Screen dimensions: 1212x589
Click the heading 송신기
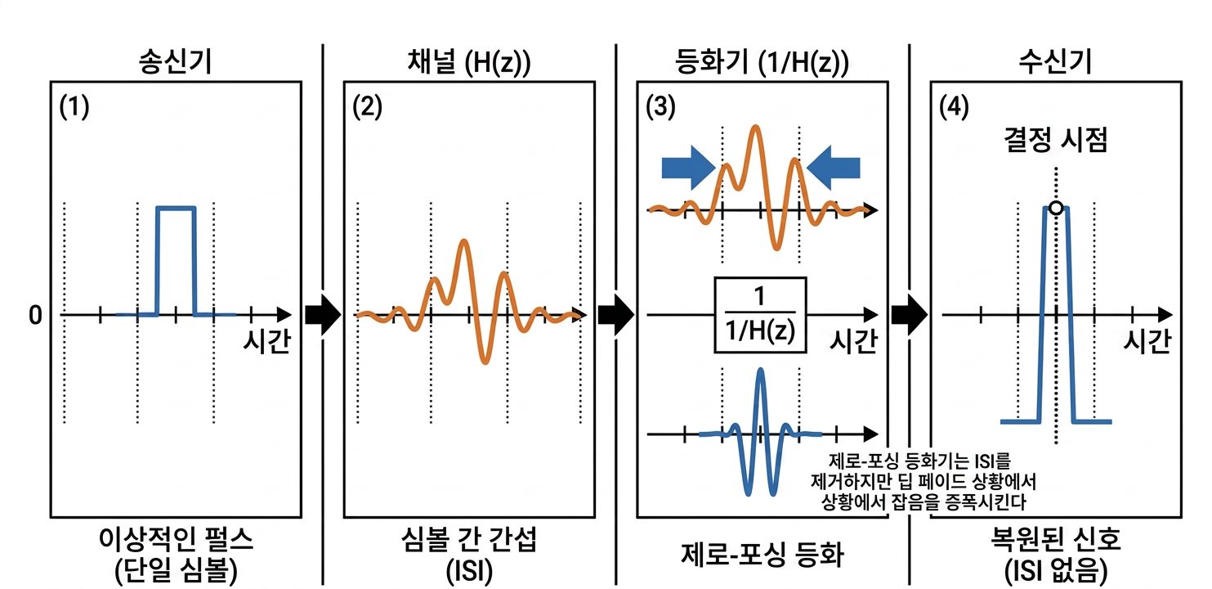click(x=175, y=61)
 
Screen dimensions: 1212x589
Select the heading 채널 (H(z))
click(x=468, y=62)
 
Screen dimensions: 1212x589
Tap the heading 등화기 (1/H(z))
click(x=762, y=62)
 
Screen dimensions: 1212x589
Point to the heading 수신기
click(x=1056, y=61)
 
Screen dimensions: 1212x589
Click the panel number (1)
click(x=74, y=106)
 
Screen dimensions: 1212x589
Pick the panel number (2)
click(x=368, y=106)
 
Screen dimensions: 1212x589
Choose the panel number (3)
click(x=660, y=106)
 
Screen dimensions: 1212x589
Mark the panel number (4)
click(x=954, y=106)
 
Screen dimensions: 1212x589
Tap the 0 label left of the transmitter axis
click(x=35, y=315)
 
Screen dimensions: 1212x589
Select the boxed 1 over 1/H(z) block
click(x=760, y=315)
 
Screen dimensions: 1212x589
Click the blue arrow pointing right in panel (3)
click(x=688, y=167)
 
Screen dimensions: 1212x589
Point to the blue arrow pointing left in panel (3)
click(x=834, y=167)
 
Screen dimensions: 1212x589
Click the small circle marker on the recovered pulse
click(x=1056, y=208)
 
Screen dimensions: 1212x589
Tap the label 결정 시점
click(x=1056, y=140)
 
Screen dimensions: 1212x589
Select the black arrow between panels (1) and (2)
click(x=323, y=314)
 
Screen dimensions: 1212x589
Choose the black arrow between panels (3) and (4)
click(x=910, y=314)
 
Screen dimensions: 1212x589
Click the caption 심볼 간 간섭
click(x=468, y=540)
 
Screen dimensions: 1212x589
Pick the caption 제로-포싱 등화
click(x=763, y=555)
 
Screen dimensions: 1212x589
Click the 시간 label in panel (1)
click(x=266, y=341)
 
